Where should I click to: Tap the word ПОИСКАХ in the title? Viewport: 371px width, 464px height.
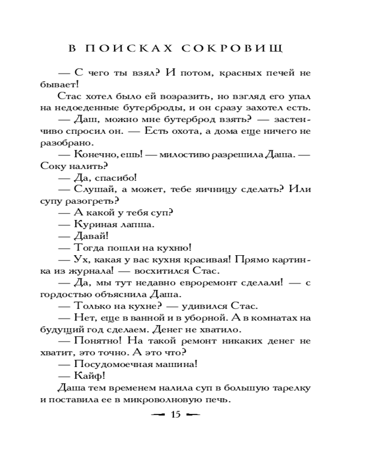(125, 48)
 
